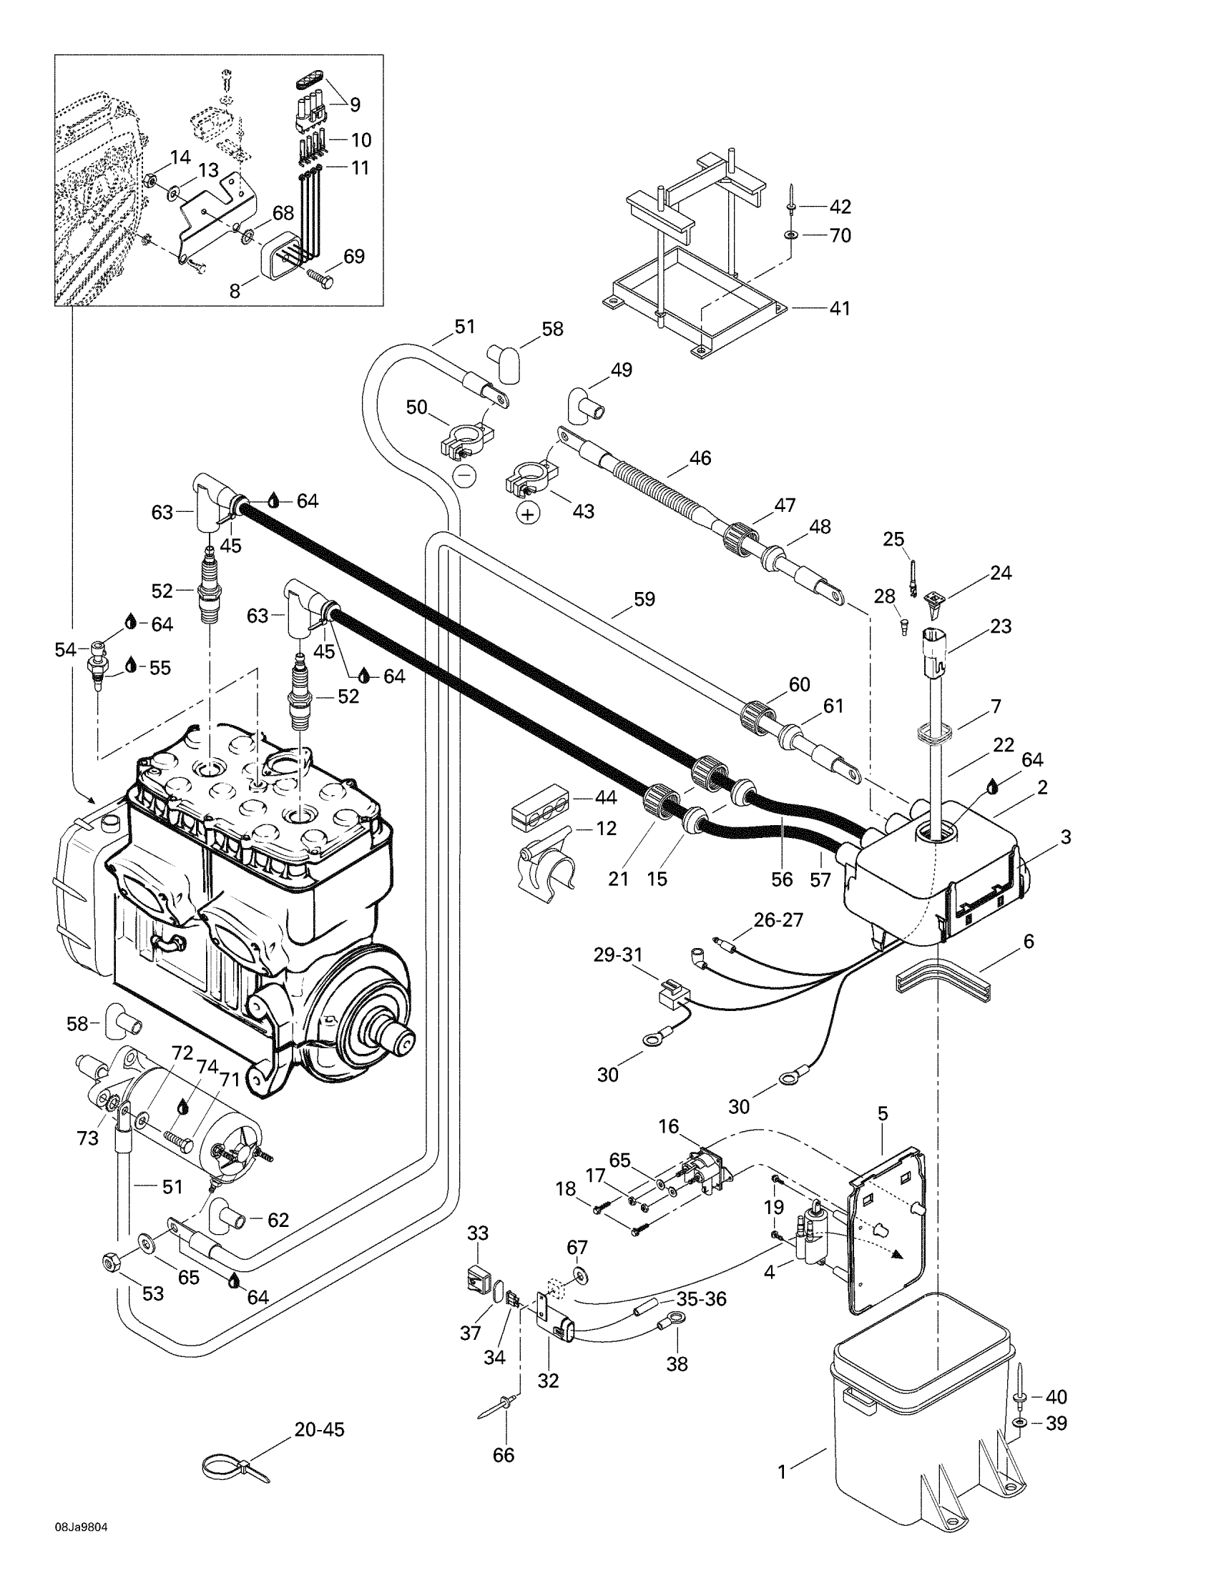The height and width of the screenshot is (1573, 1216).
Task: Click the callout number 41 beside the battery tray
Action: click(839, 308)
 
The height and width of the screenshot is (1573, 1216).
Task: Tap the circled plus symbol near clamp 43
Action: click(529, 513)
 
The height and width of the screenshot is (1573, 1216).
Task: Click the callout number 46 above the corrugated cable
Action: click(700, 458)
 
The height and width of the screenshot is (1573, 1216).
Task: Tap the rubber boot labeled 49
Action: click(587, 403)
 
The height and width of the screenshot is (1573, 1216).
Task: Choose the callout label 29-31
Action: click(618, 955)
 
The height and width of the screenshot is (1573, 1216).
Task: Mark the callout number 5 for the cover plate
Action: click(883, 1113)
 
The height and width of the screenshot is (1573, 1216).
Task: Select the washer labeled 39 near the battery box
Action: click(1021, 1424)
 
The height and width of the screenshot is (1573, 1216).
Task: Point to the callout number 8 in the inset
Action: click(235, 291)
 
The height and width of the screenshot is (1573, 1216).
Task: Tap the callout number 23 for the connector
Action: click(1001, 626)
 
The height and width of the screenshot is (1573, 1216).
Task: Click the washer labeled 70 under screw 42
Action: click(791, 235)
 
